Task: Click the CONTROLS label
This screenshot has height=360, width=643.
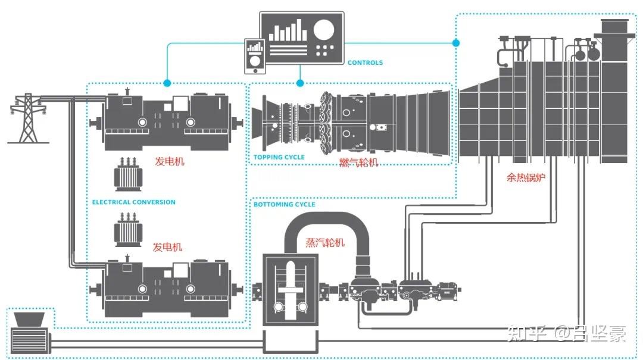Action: pos(365,62)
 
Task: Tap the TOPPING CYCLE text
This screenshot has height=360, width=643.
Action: pos(279,158)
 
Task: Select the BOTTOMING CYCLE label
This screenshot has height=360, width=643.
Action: pos(285,205)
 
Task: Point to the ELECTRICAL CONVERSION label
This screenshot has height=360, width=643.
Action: pos(134,202)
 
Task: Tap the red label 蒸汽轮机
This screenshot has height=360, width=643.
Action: pos(325,242)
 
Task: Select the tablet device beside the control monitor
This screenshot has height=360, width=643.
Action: pos(255,56)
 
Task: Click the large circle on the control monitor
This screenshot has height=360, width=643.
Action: pos(324,29)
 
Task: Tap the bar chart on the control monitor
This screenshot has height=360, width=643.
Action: pos(288,30)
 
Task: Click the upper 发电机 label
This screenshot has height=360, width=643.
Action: pos(170,161)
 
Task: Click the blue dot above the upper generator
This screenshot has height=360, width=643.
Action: pos(167,83)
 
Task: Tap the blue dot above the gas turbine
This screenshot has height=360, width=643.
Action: pos(300,83)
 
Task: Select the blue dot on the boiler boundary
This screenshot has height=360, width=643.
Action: pos(456,43)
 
